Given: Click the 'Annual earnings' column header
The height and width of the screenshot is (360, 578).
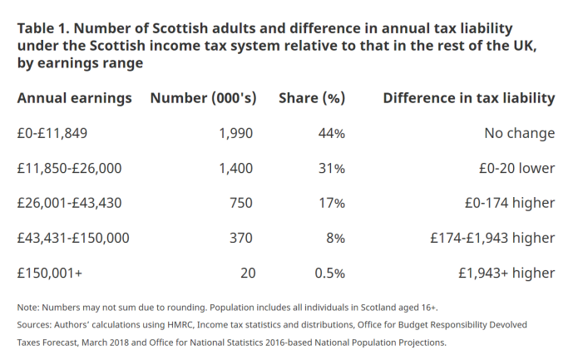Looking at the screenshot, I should pos(74,98).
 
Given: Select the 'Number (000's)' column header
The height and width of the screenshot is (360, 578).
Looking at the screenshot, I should pos(201,98).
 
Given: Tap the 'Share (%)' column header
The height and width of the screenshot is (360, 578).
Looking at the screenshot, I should pos(311,98).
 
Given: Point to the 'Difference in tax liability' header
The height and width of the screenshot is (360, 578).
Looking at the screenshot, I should pos(468,98).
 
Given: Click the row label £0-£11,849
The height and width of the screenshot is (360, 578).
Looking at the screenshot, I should pos(52,133).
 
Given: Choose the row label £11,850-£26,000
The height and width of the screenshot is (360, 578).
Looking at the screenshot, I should pos(69,168).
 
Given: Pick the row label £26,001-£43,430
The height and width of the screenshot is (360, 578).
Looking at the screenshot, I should pos(69,203).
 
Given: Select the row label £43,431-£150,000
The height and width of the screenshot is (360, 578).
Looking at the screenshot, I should pos(73,238).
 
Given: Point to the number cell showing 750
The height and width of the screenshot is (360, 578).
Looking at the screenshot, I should pos(240,203).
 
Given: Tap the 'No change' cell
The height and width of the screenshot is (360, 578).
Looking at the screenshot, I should pos(519,133).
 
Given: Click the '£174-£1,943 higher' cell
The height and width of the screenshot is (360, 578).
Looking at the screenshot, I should pos(492,238).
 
